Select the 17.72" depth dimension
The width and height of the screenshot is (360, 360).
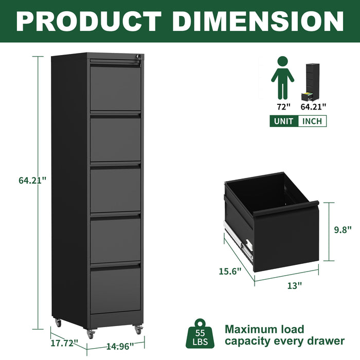click(x=64, y=342)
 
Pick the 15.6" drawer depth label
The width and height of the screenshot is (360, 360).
click(x=229, y=272)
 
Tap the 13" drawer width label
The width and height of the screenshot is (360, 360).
click(x=294, y=286)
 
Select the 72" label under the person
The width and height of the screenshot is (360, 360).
click(x=282, y=107)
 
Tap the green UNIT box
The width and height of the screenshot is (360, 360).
click(x=283, y=121)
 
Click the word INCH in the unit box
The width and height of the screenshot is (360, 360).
click(x=312, y=121)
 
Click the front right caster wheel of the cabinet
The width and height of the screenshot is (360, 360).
click(x=138, y=329)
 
